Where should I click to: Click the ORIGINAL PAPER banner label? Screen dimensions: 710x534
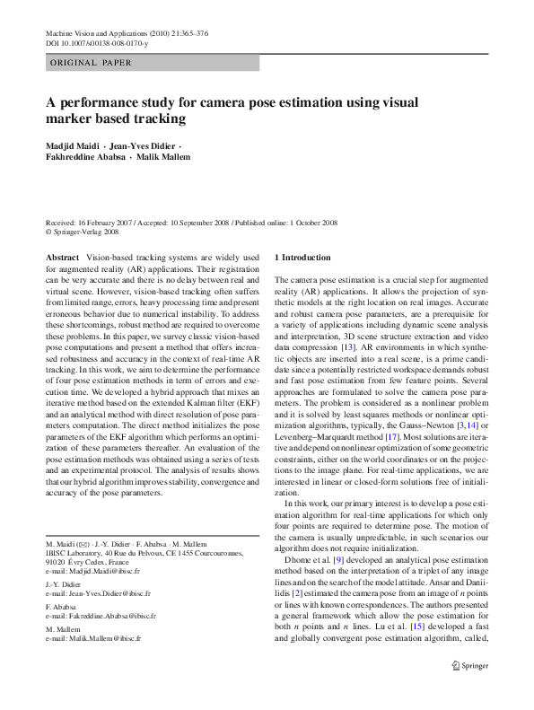point(91,63)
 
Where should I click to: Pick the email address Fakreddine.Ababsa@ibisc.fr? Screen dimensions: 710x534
point(109,617)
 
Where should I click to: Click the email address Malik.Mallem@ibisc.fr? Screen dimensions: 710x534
point(101,638)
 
